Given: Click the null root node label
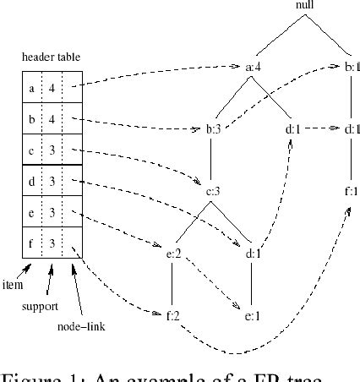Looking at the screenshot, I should [306, 7].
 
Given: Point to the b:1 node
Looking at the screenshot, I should [353, 66].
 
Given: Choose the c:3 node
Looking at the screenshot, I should [213, 192].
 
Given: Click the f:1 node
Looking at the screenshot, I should [352, 191].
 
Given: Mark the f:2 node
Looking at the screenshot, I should [175, 314].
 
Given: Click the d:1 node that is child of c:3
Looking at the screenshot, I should [254, 251].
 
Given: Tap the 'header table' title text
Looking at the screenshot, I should [51, 57].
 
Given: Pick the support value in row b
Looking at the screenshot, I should [52, 118].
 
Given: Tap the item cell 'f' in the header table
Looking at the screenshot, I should [32, 243].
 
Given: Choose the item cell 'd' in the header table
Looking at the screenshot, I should [32, 180].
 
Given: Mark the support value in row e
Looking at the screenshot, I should [52, 212].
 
